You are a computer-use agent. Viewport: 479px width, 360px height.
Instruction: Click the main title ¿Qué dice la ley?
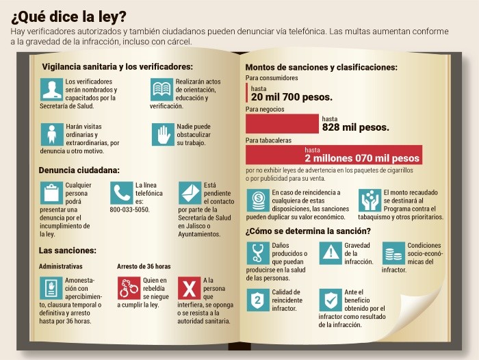tap(68, 14)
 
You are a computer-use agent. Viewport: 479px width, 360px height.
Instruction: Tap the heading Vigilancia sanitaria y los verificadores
tap(117, 66)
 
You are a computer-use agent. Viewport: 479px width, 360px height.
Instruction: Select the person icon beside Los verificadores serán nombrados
tap(51, 90)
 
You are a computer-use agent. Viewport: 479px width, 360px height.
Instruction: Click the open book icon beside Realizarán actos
tap(162, 90)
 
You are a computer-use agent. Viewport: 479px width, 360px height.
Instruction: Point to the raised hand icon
tap(162, 133)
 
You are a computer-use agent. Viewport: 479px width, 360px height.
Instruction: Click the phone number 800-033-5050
tap(129, 209)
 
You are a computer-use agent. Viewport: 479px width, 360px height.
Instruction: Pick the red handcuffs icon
tap(128, 287)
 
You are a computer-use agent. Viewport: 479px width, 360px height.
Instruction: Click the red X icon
tap(189, 287)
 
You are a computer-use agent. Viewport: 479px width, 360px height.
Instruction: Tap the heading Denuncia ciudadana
tap(79, 170)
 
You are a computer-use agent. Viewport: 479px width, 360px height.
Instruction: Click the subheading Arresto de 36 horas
tap(144, 266)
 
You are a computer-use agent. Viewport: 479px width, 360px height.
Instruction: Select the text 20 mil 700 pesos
tap(292, 98)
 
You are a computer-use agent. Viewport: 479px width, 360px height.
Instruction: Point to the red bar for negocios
tap(282, 123)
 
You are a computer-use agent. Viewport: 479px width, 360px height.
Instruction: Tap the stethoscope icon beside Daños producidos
tap(258, 253)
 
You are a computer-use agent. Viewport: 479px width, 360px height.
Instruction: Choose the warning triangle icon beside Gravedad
tap(331, 253)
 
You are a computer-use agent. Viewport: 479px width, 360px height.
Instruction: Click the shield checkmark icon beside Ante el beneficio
tap(331, 299)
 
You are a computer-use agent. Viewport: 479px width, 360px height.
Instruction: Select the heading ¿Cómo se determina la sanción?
tap(308, 231)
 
